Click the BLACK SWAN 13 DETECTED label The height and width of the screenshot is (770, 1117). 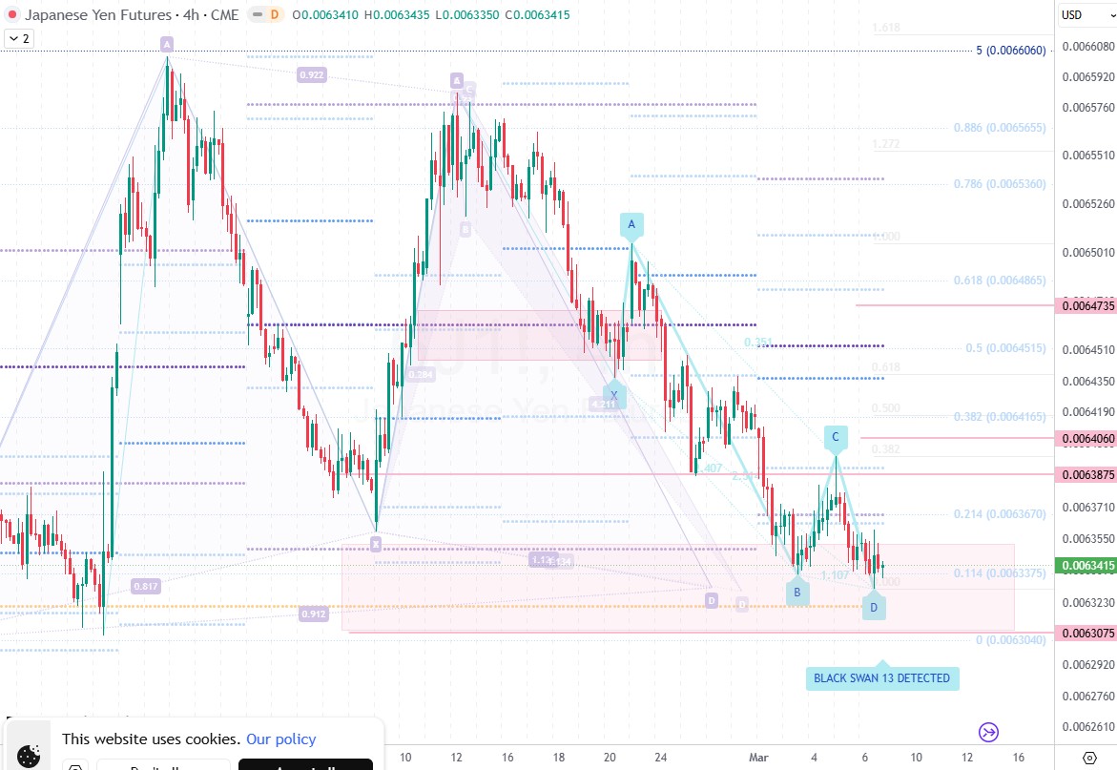[881, 678]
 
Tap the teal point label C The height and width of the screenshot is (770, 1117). [835, 438]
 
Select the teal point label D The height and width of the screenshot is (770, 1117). [874, 607]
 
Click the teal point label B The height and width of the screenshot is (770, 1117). [797, 593]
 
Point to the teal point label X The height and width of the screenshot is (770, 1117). [614, 395]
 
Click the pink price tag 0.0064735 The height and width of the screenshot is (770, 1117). [1086, 305]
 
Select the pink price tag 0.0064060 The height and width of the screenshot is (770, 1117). [1086, 438]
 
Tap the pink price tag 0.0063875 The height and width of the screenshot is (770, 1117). [1086, 474]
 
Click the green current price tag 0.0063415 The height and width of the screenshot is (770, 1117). [1086, 566]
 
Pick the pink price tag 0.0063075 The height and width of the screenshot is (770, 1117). [1086, 633]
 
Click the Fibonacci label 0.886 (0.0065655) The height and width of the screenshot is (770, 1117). [1000, 128]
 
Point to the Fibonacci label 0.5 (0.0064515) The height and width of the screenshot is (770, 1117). [1005, 348]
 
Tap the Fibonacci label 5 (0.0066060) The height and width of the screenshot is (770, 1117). [1011, 51]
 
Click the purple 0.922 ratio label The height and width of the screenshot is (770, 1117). [311, 74]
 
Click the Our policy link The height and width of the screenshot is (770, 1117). [280, 739]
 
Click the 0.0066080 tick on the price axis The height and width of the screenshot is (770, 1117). [1086, 46]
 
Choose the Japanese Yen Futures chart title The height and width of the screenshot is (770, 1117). [97, 15]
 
